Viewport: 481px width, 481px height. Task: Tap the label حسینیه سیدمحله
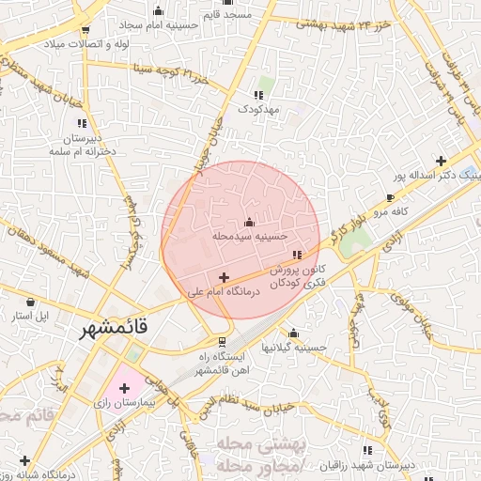[249, 237]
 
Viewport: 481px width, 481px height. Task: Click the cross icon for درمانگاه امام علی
[224, 277]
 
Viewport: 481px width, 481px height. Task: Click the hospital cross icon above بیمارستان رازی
[123, 387]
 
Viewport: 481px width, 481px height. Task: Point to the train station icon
[222, 342]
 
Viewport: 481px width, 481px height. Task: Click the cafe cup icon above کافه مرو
[391, 198]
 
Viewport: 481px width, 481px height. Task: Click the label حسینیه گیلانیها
[294, 348]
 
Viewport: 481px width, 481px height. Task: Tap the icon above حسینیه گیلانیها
[294, 333]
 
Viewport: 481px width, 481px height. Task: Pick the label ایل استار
[31, 315]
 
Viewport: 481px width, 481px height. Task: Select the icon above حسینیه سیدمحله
[249, 223]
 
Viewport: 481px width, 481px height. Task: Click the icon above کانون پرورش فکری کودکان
[297, 255]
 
